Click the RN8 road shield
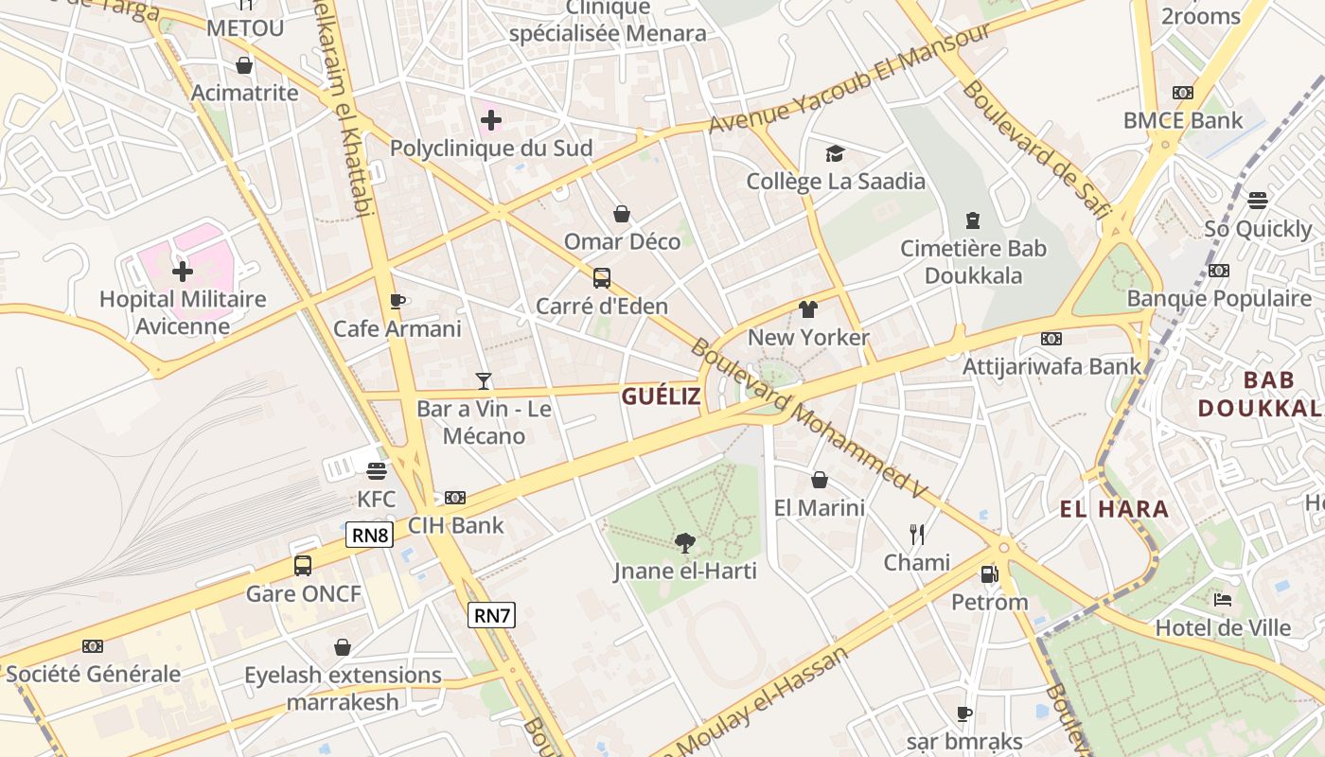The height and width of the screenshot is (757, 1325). [x=370, y=536]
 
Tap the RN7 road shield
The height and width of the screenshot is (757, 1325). [x=492, y=616]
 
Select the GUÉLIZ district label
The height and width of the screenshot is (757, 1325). [x=662, y=396]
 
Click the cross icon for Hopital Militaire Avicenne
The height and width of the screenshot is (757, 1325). [x=183, y=272]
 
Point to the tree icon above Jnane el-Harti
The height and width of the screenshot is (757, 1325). [x=684, y=542]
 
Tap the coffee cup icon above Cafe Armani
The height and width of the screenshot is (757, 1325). [x=397, y=301]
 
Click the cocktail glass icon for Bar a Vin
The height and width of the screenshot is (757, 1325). [x=484, y=381]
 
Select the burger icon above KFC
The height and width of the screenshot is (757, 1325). [x=377, y=470]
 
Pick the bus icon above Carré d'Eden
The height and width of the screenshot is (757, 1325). [x=602, y=278]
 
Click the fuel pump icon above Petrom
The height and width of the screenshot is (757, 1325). [x=989, y=573]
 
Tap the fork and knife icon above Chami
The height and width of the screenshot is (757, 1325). [x=916, y=535]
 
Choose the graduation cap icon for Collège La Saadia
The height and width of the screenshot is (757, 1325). [x=835, y=153]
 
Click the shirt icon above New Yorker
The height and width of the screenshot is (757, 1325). [x=808, y=309]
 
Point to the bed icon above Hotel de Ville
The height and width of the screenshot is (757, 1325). [x=1223, y=599]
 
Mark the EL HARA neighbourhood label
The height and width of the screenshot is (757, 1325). [x=1114, y=509]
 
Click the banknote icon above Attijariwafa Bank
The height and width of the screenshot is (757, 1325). [x=1051, y=338]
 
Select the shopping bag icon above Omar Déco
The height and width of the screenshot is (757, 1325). [x=622, y=214]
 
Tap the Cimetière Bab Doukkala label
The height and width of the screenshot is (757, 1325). [x=973, y=262]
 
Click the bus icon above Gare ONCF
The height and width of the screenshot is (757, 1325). [x=303, y=566]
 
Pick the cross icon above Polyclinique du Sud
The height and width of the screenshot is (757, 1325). [x=491, y=120]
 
